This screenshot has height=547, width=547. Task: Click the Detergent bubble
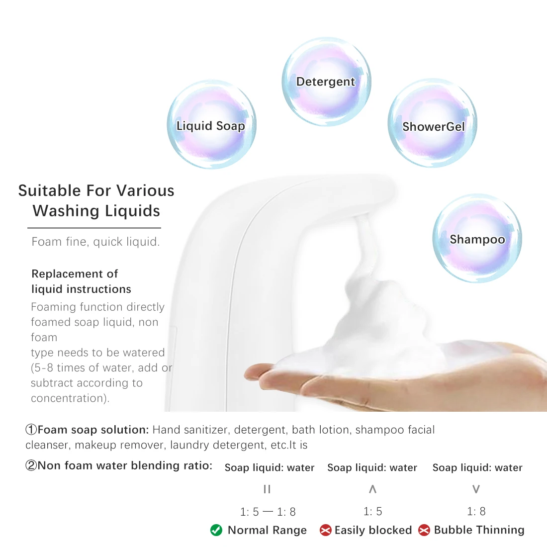(x=326, y=82)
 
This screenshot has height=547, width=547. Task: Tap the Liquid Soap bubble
(x=211, y=124)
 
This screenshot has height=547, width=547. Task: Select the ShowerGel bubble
(x=432, y=123)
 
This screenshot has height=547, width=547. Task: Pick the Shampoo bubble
(x=477, y=238)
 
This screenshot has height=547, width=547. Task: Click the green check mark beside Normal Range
(x=216, y=530)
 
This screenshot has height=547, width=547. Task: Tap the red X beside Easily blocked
(x=326, y=530)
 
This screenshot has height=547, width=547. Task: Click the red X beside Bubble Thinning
(x=424, y=530)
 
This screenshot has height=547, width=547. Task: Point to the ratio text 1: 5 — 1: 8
(x=268, y=512)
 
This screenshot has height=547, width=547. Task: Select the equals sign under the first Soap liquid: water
(x=267, y=489)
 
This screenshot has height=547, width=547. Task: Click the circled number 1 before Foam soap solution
(x=31, y=430)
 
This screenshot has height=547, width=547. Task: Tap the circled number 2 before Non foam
(x=31, y=465)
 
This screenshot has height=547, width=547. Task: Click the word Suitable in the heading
(x=50, y=191)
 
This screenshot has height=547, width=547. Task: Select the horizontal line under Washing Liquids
(x=94, y=228)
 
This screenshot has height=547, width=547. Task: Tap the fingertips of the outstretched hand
(x=253, y=373)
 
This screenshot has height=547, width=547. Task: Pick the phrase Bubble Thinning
(x=479, y=530)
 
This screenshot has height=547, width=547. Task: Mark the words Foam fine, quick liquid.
(x=95, y=242)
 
